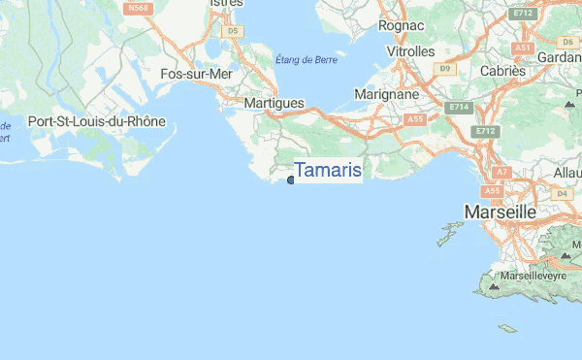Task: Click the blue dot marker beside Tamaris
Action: coord(291,180)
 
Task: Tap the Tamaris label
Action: coord(328,171)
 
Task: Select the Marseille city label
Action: coord(501,211)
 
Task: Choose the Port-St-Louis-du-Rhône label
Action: coord(97,122)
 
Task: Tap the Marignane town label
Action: coord(385,95)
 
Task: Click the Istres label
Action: coord(225,4)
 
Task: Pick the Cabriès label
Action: coord(503,71)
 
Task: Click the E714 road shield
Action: coord(457,106)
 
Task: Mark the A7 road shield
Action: coord(501,172)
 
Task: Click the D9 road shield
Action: coord(445,68)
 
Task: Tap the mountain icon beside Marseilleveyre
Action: coord(495,286)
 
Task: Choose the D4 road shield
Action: coord(562,194)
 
